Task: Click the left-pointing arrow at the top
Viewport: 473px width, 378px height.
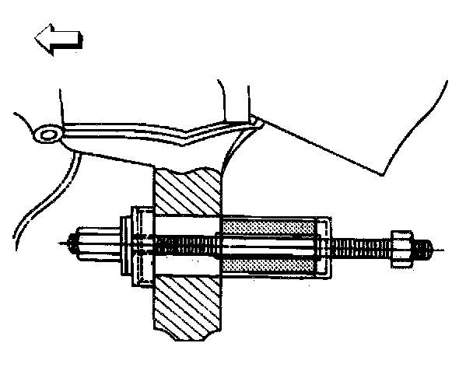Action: click(57, 41)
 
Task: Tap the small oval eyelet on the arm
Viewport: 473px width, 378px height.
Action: click(49, 135)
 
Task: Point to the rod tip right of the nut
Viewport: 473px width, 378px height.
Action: click(423, 249)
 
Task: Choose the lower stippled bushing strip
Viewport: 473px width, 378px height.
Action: click(269, 265)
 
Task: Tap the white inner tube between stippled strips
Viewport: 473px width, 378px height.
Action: click(269, 245)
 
